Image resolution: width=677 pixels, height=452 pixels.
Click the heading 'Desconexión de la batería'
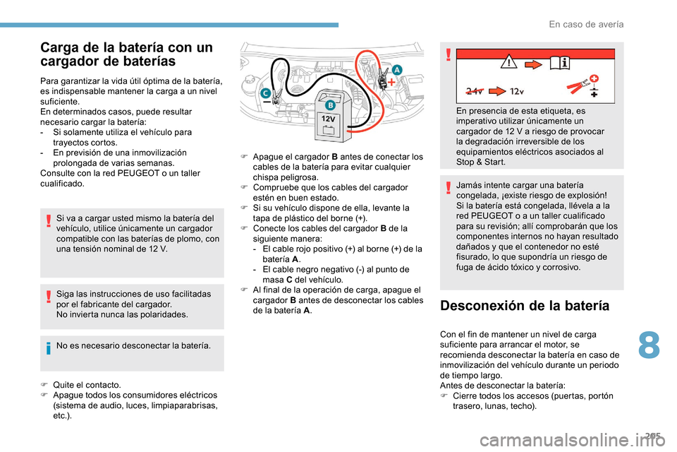(524, 306)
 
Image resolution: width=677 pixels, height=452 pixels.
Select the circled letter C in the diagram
(265, 93)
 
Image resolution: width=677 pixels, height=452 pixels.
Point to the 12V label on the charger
(329, 120)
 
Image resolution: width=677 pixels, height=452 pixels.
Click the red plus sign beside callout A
(391, 82)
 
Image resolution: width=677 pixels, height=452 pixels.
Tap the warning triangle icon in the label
(506, 64)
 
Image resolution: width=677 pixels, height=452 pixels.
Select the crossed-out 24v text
(475, 90)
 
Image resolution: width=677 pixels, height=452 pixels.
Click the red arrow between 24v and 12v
(498, 90)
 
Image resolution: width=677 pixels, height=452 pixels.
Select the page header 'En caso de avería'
(585, 24)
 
